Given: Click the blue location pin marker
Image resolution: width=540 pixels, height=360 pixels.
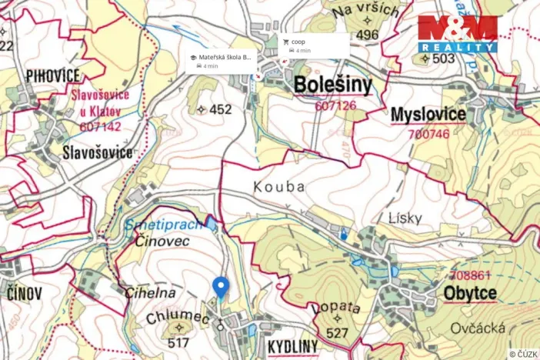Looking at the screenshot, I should click(220, 288).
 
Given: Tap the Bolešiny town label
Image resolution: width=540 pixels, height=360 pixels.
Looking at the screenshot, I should click(333, 85).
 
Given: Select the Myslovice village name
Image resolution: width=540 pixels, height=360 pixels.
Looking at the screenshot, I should click(428, 115).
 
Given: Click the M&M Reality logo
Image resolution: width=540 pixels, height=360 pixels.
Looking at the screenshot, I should click(458, 34).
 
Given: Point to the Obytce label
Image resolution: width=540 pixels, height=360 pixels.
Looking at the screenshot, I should click(470, 293).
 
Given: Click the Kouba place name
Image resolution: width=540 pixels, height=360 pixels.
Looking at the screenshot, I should click(279, 187).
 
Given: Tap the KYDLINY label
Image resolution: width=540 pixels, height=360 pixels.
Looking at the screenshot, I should click(292, 348).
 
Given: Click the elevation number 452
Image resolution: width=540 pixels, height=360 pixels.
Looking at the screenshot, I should click(219, 110).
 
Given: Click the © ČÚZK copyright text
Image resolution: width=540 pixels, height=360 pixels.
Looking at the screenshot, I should click(523, 354).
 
